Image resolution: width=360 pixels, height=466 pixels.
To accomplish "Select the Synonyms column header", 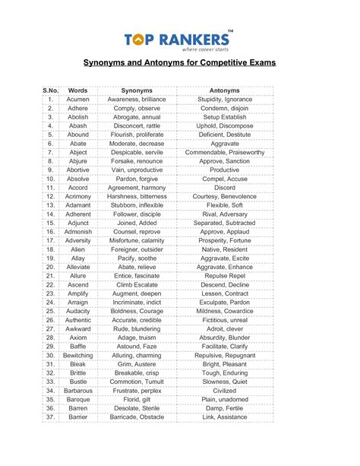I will pyautogui.click(x=137, y=90).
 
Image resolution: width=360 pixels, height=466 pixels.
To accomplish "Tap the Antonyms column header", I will pyautogui.click(x=225, y=90).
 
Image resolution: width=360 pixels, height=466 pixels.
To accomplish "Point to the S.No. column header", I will pyautogui.click(x=49, y=90).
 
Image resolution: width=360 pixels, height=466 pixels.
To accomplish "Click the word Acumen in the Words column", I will pyautogui.click(x=78, y=100).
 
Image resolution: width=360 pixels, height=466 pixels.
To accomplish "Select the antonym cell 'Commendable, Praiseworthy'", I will pyautogui.click(x=225, y=153).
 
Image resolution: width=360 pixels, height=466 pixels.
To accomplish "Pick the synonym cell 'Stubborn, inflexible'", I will pyautogui.click(x=137, y=205).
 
